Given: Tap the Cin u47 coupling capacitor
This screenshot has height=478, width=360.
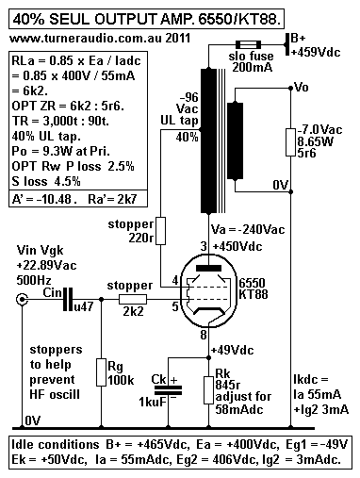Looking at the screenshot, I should (x=67, y=303).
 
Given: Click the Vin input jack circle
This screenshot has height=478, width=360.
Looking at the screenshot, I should (x=19, y=302).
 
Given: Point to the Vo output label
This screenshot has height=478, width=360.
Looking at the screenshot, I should (x=300, y=88).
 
